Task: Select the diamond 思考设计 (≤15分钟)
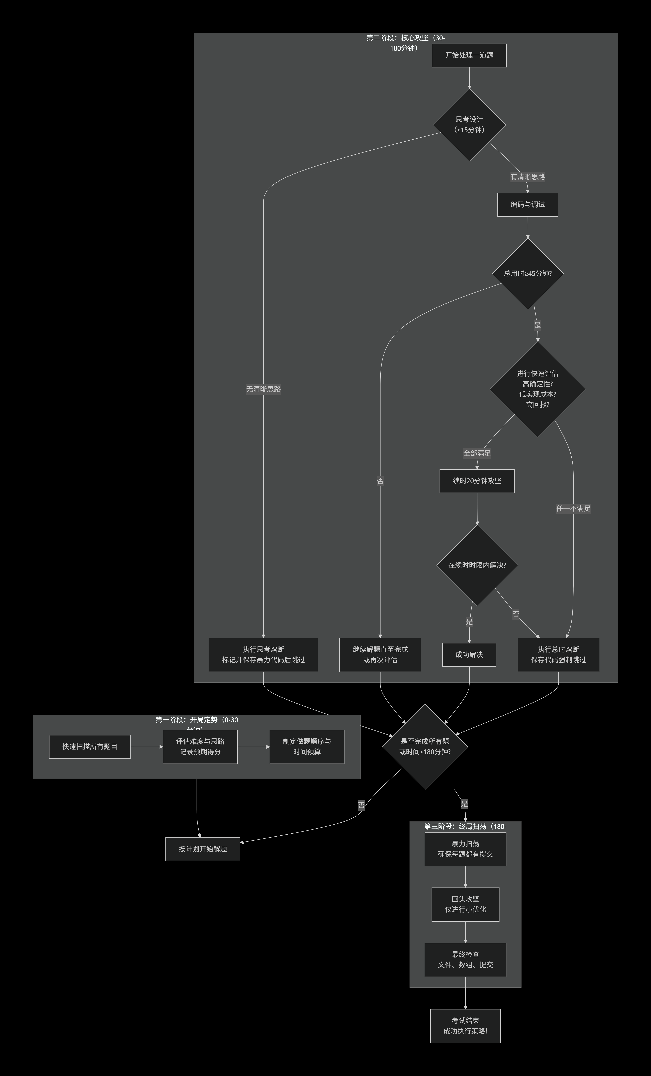point(469,125)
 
